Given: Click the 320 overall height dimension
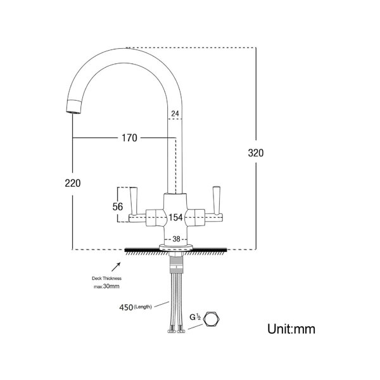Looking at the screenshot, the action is click(x=256, y=153).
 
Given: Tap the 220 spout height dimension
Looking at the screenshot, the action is click(x=73, y=183).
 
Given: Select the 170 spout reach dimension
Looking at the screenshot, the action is click(x=129, y=138).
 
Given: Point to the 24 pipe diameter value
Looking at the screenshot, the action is click(x=175, y=113).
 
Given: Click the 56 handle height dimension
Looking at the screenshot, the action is click(x=118, y=206).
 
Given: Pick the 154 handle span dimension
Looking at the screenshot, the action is click(x=175, y=217).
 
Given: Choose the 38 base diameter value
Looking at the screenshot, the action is click(x=176, y=239).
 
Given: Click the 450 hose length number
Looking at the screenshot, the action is click(x=126, y=308).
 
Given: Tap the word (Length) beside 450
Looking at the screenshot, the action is click(x=142, y=307).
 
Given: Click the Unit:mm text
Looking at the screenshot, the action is click(x=291, y=329).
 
